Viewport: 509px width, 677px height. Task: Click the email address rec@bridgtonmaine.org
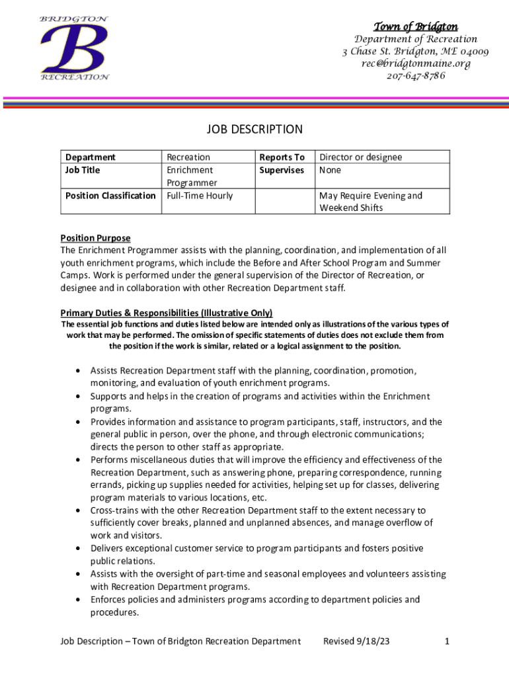[x=415, y=63]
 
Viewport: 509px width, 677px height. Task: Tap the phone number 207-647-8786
[x=415, y=75]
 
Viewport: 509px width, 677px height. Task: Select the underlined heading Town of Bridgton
[x=415, y=26]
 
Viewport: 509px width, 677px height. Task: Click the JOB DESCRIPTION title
[x=255, y=130]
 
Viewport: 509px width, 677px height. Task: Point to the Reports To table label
[x=282, y=157]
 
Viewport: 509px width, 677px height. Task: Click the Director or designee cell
[x=360, y=157]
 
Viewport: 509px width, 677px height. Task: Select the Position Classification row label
[x=110, y=196]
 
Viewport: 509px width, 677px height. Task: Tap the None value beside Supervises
[x=331, y=170]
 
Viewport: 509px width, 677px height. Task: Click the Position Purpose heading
[x=95, y=238]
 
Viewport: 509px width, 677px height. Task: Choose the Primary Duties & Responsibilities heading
[x=167, y=313]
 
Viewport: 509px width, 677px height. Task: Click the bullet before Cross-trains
[x=79, y=510]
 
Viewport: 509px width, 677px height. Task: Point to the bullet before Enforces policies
[x=79, y=600]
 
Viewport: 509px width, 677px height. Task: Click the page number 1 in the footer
[x=447, y=641]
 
